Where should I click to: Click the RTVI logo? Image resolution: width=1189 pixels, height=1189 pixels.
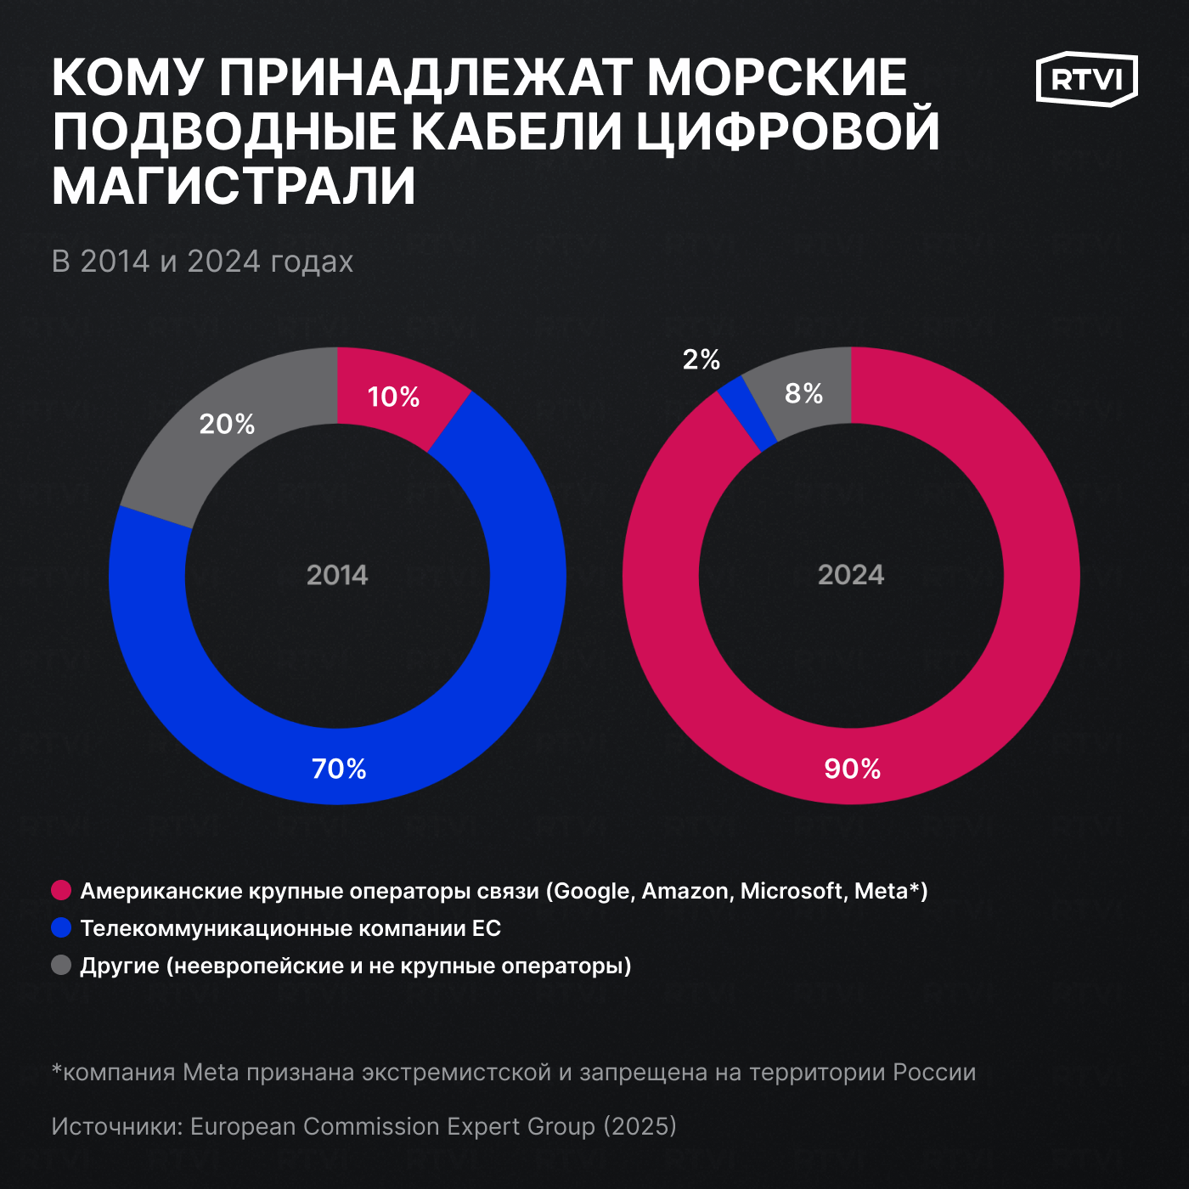coord(1086,79)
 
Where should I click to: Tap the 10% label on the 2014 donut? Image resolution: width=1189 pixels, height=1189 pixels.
coord(393,397)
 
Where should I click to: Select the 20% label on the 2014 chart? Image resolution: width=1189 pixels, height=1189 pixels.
coord(227,424)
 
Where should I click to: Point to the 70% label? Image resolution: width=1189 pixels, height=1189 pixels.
coord(339,769)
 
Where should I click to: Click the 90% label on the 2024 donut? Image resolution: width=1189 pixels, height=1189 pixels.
coord(852,769)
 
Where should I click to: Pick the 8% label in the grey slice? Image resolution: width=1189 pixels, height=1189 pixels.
coord(803,393)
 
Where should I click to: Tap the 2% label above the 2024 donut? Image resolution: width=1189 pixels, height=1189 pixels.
coord(701,359)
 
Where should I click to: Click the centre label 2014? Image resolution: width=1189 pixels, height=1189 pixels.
coord(337,575)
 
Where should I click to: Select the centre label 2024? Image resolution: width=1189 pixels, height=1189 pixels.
coord(851,575)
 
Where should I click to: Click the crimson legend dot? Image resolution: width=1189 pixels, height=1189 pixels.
coord(61,890)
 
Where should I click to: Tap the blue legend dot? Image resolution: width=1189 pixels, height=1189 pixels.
coord(61,927)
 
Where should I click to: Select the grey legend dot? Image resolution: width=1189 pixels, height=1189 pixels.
coord(61,965)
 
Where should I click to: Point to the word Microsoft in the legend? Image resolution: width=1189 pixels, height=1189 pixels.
coord(792,891)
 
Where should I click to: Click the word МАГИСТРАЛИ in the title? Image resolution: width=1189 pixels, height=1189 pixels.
coord(234,186)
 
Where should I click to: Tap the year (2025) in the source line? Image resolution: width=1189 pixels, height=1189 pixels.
coord(640,1126)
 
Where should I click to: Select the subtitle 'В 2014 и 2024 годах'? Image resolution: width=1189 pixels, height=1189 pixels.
coord(202,262)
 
